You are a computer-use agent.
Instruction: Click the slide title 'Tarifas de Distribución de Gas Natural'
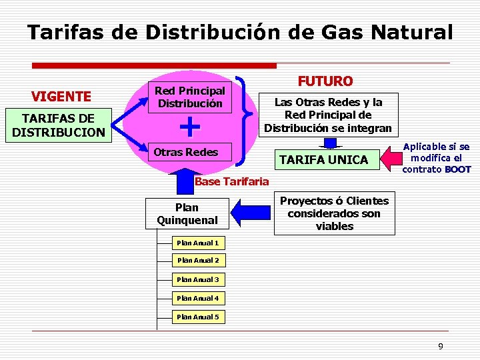pyautogui.click(x=240, y=32)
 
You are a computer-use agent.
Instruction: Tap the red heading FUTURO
pyautogui.click(x=325, y=81)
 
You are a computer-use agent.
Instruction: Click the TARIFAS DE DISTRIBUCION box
pyautogui.click(x=59, y=125)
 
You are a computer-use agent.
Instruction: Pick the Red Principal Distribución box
pyautogui.click(x=189, y=97)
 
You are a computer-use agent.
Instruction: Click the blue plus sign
pyautogui.click(x=191, y=125)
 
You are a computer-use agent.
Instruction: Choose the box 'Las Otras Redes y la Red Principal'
pyautogui.click(x=327, y=115)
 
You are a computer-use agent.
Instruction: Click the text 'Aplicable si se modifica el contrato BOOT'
pyautogui.click(x=436, y=158)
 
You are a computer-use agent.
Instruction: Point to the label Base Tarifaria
pyautogui.click(x=231, y=181)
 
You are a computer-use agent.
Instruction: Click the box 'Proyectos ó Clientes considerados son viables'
pyautogui.click(x=334, y=213)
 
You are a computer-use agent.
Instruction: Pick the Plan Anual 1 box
pyautogui.click(x=197, y=242)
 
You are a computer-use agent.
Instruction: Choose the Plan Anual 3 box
pyautogui.click(x=197, y=279)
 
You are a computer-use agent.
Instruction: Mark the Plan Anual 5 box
pyautogui.click(x=197, y=317)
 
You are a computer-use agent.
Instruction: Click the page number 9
pyautogui.click(x=440, y=346)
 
